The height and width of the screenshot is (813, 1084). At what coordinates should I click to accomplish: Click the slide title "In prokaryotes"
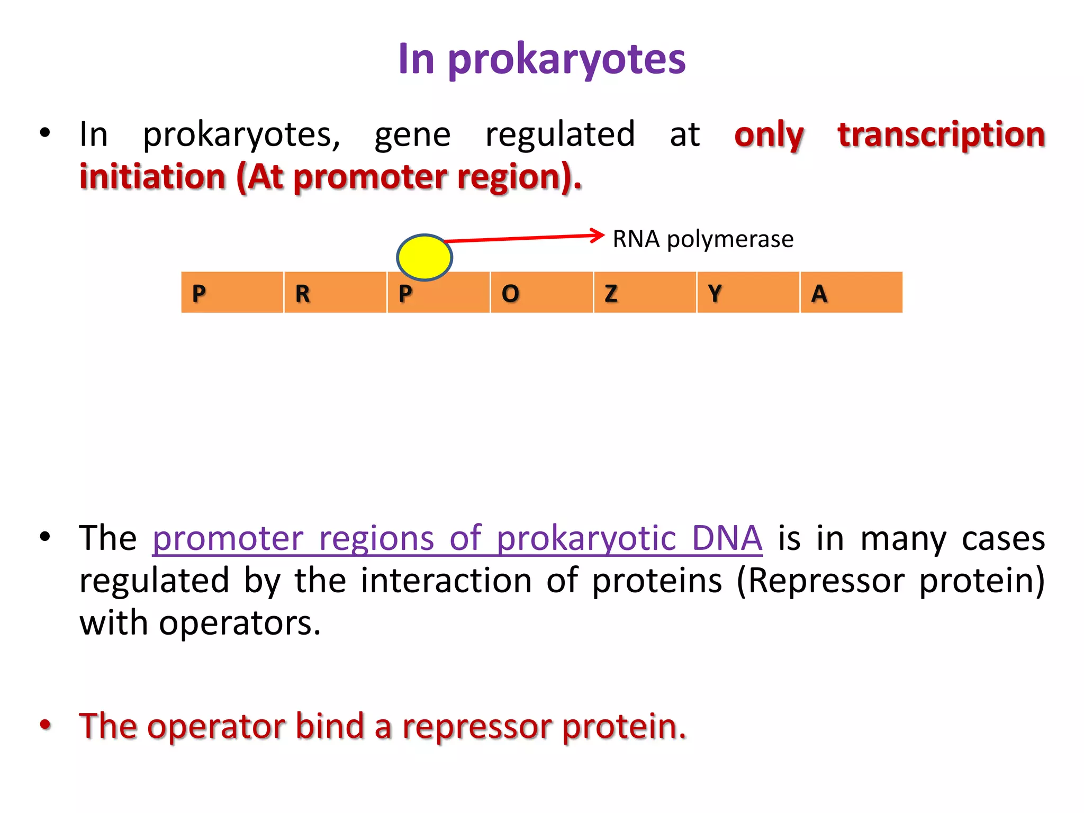[541, 59]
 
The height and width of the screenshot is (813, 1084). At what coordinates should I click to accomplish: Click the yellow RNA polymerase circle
[424, 258]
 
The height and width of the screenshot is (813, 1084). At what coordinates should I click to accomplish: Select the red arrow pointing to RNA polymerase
[524, 238]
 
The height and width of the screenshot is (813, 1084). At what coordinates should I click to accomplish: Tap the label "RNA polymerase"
[703, 239]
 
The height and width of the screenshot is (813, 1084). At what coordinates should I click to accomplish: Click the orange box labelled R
[335, 293]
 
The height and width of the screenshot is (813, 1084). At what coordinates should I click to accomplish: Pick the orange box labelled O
[541, 293]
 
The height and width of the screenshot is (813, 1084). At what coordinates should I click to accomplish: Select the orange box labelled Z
[645, 293]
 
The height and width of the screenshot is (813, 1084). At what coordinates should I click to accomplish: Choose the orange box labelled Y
[748, 293]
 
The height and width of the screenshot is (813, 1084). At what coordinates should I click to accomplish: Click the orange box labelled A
[851, 293]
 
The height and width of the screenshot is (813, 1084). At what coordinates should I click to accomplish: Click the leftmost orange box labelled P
[232, 293]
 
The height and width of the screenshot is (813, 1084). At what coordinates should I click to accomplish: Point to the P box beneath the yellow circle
[438, 296]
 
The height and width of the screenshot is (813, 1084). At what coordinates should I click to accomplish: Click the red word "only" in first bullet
[769, 135]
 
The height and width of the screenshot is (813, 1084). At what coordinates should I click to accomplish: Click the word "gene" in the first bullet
[412, 135]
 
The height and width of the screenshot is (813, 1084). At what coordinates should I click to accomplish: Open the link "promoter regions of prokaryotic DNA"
[457, 539]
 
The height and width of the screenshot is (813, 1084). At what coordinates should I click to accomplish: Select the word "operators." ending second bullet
[240, 623]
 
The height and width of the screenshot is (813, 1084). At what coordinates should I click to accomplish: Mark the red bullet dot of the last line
[46, 725]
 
